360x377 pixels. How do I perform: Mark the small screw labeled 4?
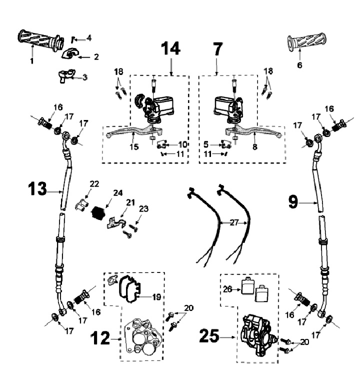pyautogui.click(x=73, y=38)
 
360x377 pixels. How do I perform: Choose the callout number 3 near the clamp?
pyautogui.click(x=84, y=77)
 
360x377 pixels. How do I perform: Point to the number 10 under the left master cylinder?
pyautogui.click(x=182, y=144)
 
